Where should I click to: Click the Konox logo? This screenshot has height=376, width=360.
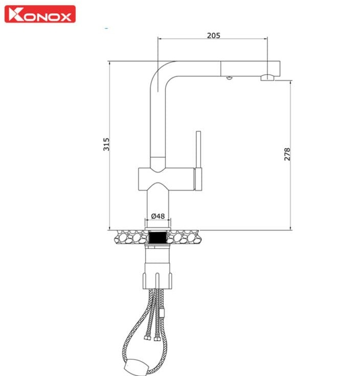(x=40, y=14)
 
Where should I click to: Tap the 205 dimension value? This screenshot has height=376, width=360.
(x=214, y=35)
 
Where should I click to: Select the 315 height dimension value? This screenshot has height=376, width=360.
(x=106, y=145)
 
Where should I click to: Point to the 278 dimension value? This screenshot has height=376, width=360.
(x=287, y=154)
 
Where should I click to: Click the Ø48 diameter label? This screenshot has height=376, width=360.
(x=159, y=216)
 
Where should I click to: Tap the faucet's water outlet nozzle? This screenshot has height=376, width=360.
(x=267, y=78)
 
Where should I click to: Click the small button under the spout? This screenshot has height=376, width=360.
(x=229, y=78)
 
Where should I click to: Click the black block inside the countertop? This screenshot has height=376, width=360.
(x=159, y=237)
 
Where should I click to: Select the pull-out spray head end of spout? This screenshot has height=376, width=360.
(x=251, y=68)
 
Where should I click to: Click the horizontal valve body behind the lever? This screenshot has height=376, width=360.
(x=166, y=179)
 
